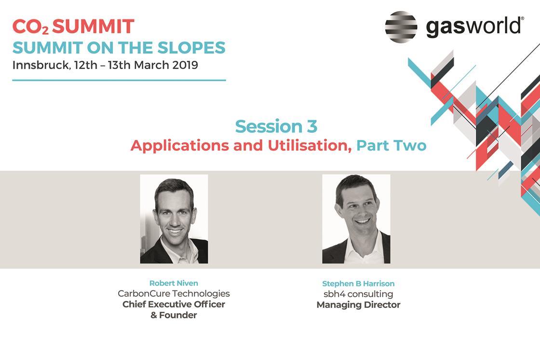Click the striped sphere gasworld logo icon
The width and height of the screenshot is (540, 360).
coord(401,27)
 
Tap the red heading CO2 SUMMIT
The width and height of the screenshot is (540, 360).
coord(73,27)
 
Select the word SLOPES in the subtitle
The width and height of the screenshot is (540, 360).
coord(191,48)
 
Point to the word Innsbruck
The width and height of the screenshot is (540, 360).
coord(41,65)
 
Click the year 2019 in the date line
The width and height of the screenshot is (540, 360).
coord(185,65)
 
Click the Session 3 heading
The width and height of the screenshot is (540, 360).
coord(276,126)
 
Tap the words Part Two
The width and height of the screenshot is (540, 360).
coord(391,145)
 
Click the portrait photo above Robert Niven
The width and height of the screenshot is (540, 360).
coord(174,219)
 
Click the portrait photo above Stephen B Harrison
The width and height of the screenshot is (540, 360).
coord(356,219)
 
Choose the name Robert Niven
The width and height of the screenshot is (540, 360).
coord(174,283)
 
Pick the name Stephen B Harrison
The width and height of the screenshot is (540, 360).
coord(358,283)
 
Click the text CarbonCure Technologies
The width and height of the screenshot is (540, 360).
coord(174,293)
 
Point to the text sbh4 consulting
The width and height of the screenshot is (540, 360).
coord(358,294)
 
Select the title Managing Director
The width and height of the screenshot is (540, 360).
coord(358,305)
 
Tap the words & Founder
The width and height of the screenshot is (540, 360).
coord(174,315)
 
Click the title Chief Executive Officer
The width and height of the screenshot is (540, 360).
coord(174,304)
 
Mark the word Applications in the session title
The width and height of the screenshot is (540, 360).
coord(179,146)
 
